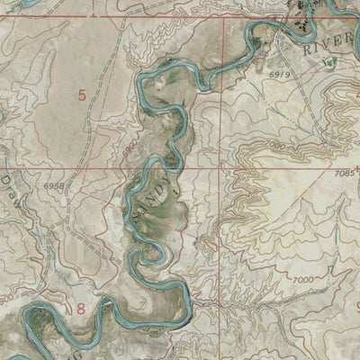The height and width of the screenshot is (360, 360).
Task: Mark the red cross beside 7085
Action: pos(356,166)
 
